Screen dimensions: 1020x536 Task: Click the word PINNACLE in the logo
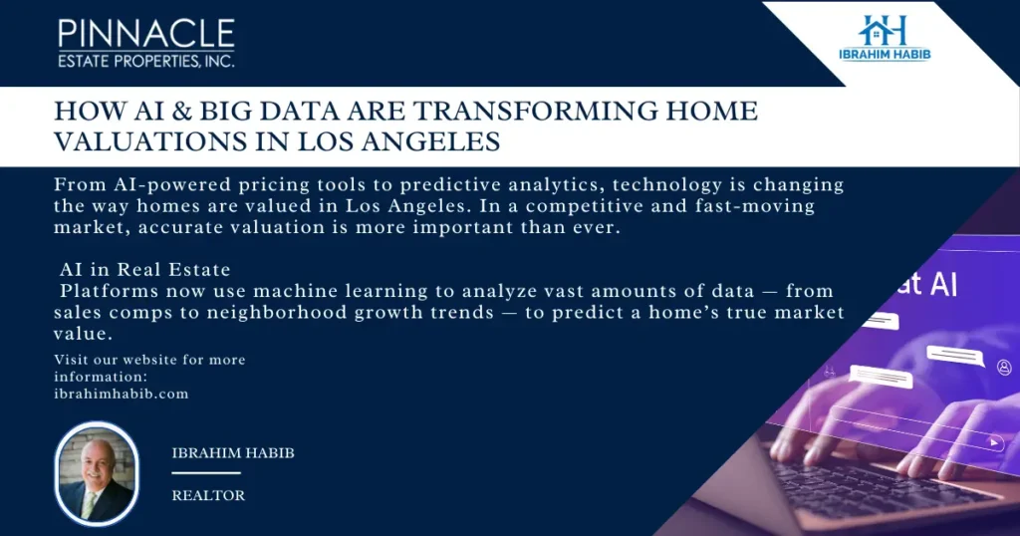146,33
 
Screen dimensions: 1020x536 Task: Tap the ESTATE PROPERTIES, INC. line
146,61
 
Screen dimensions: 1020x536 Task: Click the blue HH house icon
883,29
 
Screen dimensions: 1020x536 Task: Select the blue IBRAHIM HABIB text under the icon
885,54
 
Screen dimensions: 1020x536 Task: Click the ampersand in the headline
182,112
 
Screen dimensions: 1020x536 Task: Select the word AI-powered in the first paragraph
171,184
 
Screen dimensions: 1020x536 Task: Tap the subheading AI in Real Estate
145,269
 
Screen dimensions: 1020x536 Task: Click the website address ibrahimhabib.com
121,394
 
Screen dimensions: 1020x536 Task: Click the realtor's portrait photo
97,473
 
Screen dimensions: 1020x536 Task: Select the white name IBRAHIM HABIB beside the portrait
233,452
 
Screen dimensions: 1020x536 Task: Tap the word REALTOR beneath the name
208,496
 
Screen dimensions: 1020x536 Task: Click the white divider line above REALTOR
206,473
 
